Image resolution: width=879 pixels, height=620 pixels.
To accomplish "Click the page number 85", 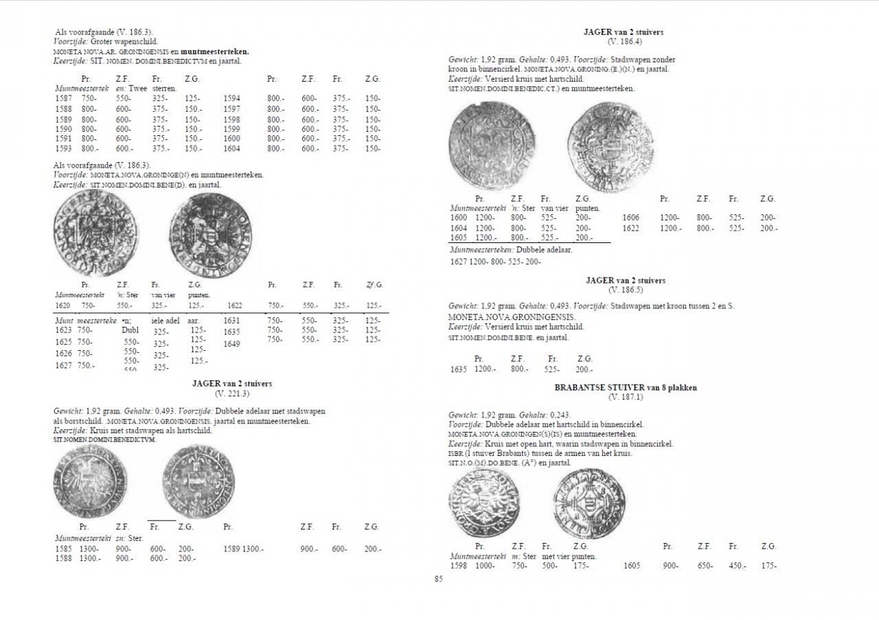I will pos(438,579).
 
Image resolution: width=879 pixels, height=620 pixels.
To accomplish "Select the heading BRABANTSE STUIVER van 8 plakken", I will pos(625,388).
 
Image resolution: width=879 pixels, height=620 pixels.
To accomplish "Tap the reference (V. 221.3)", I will pos(231,393).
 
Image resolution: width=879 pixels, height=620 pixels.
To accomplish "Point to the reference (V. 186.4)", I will pos(624,41).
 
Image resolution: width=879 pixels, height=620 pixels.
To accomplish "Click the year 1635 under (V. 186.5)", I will pos(459,369).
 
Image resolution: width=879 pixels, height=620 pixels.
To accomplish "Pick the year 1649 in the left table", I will pos(231,344).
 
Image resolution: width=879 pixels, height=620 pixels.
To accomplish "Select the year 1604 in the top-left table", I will pos(231,148).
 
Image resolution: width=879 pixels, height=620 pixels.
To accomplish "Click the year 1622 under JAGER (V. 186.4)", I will pos(631,228).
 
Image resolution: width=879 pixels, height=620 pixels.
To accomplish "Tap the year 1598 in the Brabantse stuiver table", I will pos(459,566).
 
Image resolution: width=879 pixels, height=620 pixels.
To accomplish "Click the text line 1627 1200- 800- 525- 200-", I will pos(495,262).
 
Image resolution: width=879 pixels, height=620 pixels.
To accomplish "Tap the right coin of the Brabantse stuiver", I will pos(589,503).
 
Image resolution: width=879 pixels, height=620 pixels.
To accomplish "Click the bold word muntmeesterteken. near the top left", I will pos(215,51).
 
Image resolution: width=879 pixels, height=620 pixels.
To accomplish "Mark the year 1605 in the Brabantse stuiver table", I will pos(632,566).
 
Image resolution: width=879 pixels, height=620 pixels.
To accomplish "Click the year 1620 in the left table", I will pos(62,306).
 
